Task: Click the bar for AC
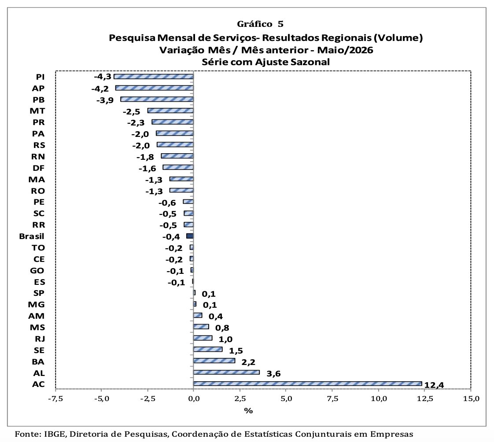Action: [307, 383]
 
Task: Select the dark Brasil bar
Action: [190, 236]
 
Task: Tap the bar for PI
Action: [154, 77]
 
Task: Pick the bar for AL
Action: [226, 372]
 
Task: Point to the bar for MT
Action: [170, 110]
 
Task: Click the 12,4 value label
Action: [434, 385]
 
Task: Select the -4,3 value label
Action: [103, 77]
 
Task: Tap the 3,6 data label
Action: [273, 374]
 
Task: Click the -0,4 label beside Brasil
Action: [171, 237]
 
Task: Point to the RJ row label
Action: [40, 339]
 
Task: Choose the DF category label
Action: [38, 168]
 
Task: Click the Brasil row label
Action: [32, 236]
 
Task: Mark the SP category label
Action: [39, 293]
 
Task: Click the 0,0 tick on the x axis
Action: [193, 398]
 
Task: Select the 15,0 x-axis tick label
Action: [471, 398]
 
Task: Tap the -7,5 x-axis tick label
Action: [55, 398]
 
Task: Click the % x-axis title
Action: [248, 411]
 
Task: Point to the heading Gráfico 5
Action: [260, 24]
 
